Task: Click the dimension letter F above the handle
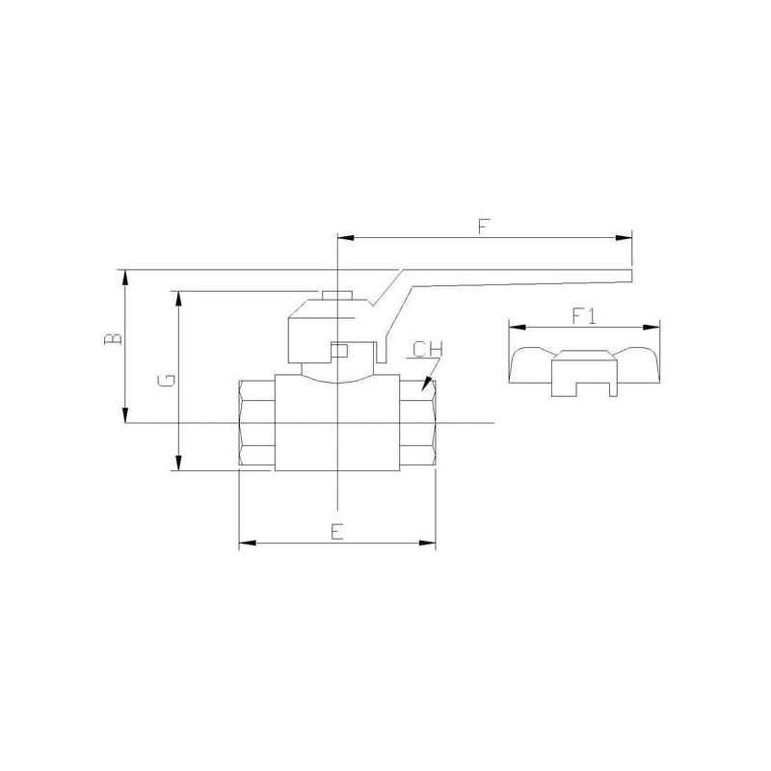click(485, 226)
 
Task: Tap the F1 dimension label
click(584, 315)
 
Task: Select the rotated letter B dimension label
click(114, 339)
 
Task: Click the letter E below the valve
click(336, 532)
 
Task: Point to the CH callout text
click(428, 349)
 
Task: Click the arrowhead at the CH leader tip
click(426, 385)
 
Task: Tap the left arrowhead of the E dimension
click(248, 543)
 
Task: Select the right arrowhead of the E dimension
click(427, 543)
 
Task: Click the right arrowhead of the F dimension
click(624, 238)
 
